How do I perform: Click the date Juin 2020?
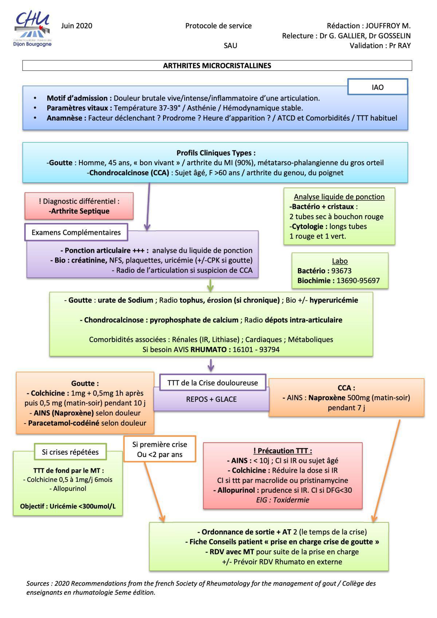76,26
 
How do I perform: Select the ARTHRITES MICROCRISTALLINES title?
217,66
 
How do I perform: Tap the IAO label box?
377,87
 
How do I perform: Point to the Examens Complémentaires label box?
76,232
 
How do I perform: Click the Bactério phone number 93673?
341,271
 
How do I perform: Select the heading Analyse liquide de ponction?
339,197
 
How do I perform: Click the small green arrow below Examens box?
210,286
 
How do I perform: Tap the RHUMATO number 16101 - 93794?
256,350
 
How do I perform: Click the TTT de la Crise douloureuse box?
213,383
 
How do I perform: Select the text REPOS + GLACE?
211,399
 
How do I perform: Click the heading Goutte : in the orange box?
85,383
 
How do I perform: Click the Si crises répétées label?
70,452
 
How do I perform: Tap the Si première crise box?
160,449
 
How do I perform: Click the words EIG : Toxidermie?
283,500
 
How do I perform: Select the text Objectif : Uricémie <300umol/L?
68,507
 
